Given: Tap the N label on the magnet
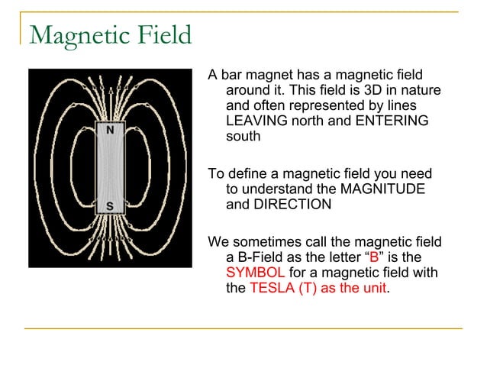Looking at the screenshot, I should tap(111, 131).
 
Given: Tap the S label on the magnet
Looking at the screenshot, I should tap(111, 205).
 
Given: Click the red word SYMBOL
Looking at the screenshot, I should tap(256, 273).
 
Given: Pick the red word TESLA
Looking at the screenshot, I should tap(271, 289).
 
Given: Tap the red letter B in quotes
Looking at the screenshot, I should tap(374, 258).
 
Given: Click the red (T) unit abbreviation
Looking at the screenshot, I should tap(307, 289).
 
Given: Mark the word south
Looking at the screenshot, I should tap(243, 137).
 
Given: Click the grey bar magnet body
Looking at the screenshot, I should tap(111, 168).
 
